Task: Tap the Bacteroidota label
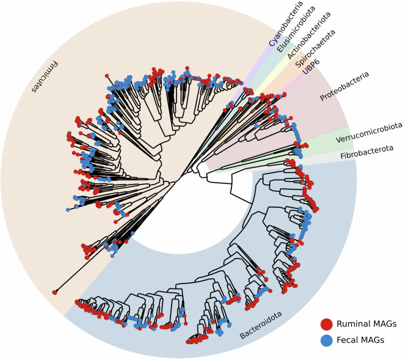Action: click(x=261, y=326)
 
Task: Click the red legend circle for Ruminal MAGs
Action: click(x=327, y=324)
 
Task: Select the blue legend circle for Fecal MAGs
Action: click(x=327, y=340)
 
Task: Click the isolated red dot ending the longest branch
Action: click(x=55, y=292)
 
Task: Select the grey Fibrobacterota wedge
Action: click(x=324, y=160)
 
